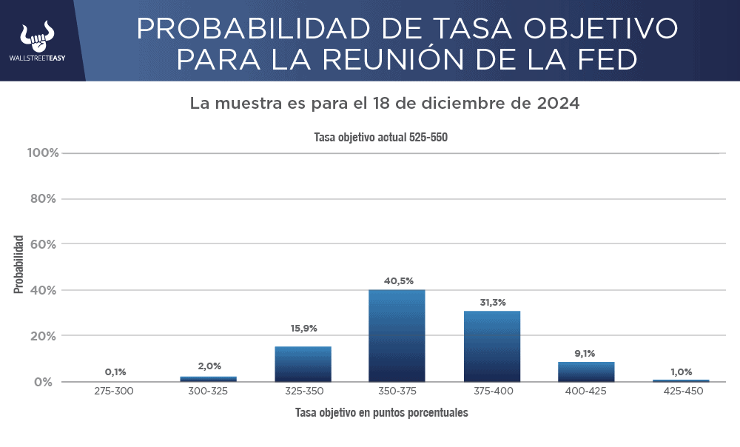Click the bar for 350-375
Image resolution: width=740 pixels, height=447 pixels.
pyautogui.click(x=397, y=335)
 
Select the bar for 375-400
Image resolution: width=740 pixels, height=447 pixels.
pyautogui.click(x=492, y=346)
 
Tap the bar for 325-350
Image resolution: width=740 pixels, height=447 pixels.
pyautogui.click(x=303, y=363)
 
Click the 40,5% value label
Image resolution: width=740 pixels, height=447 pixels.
pyautogui.click(x=398, y=281)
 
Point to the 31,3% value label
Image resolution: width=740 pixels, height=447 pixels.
pyautogui.click(x=492, y=303)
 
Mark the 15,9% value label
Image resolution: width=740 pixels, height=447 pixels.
pyautogui.click(x=303, y=329)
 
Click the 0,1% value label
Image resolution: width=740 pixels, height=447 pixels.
pyautogui.click(x=114, y=372)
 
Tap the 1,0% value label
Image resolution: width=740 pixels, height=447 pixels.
pyautogui.click(x=681, y=372)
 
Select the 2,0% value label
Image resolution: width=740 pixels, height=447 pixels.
pyautogui.click(x=209, y=366)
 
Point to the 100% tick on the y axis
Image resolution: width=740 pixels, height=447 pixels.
pyautogui.click(x=43, y=153)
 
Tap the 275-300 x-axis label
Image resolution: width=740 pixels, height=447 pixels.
pyautogui.click(x=114, y=391)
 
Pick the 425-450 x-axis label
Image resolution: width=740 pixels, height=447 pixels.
pyautogui.click(x=681, y=391)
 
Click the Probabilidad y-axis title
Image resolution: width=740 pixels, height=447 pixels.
pyautogui.click(x=18, y=264)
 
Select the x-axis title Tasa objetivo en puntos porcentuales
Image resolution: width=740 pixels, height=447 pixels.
pyautogui.click(x=381, y=412)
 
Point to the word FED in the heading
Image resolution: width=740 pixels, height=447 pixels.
pyautogui.click(x=606, y=58)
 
